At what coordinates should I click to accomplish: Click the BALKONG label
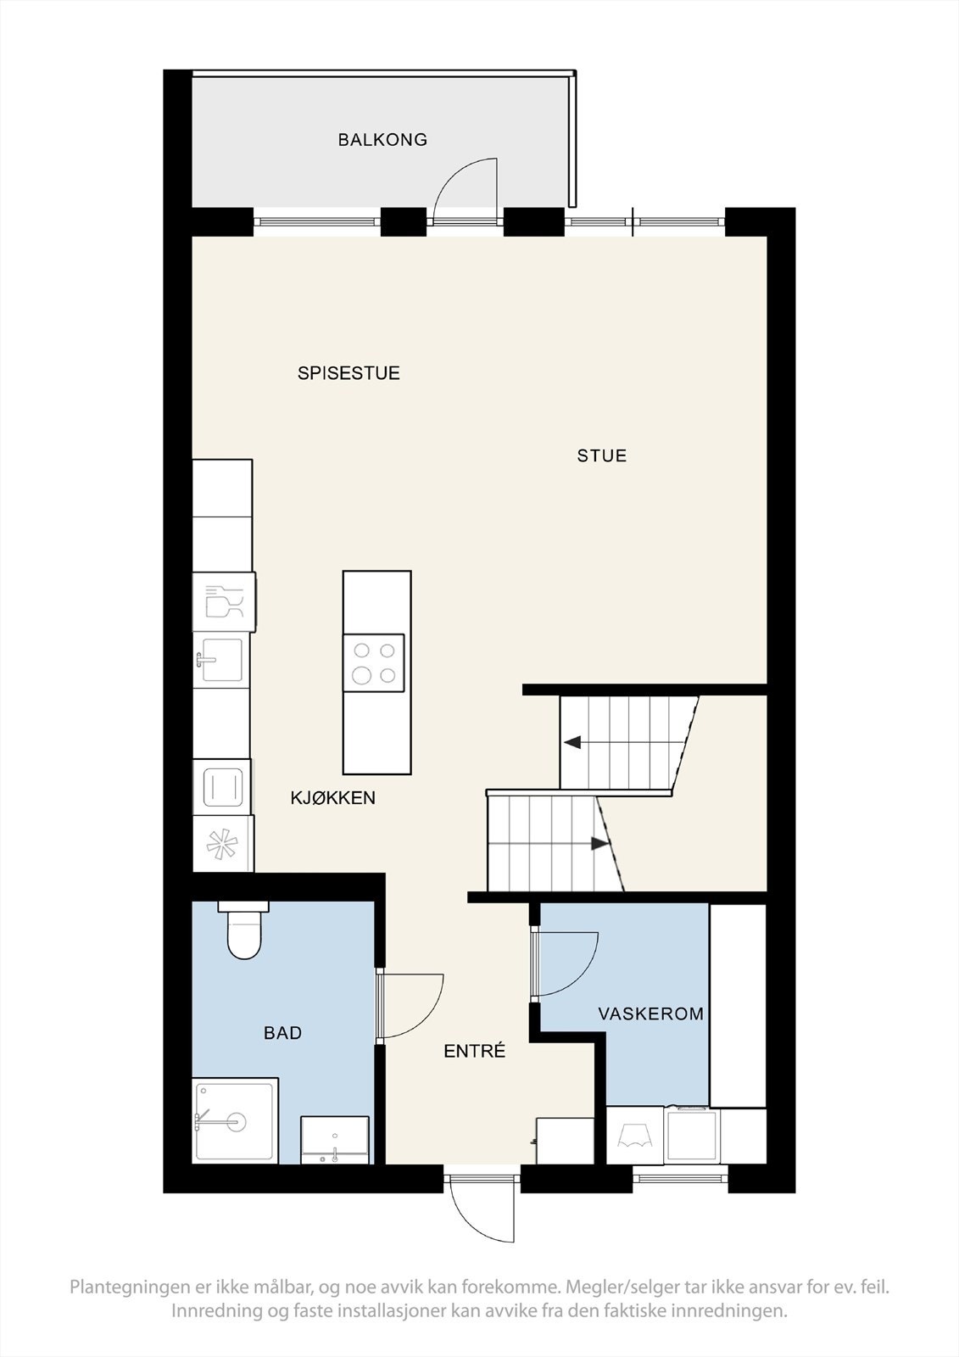(x=382, y=140)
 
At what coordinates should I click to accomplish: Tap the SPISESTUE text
(x=348, y=373)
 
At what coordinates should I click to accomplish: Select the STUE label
(x=602, y=456)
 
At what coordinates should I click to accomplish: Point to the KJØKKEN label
(x=333, y=798)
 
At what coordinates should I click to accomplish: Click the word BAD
(x=282, y=1033)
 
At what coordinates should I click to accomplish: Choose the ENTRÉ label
(x=475, y=1052)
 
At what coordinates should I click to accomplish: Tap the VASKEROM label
(x=651, y=1014)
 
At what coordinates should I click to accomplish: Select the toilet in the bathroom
(x=243, y=930)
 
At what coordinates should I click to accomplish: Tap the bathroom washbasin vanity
(x=335, y=1139)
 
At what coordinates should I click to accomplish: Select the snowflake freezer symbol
(x=223, y=845)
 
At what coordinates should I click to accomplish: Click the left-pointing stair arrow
(x=573, y=743)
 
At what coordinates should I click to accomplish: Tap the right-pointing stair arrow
(x=599, y=844)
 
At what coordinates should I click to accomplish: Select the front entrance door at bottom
(x=482, y=1209)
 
